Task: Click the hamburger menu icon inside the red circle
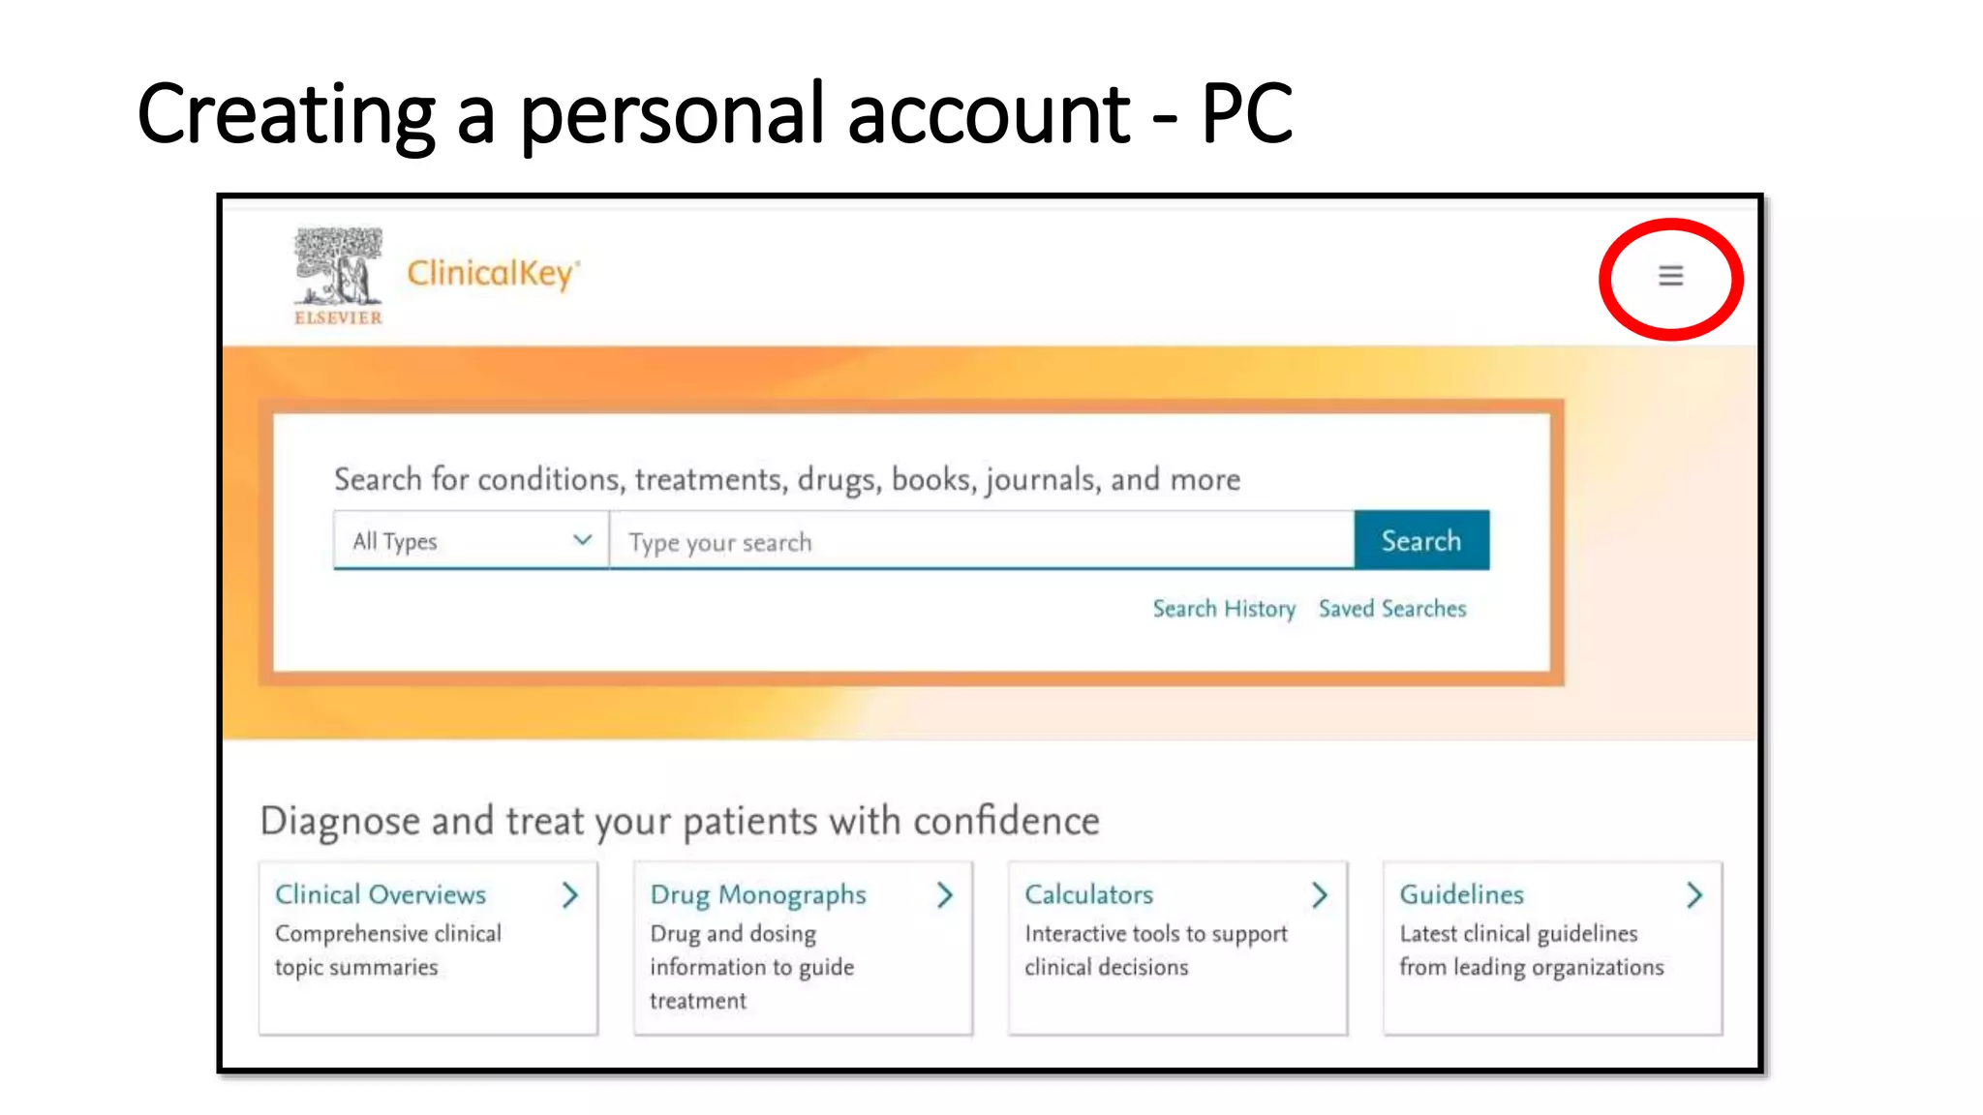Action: [x=1670, y=277]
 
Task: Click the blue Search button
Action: [x=1420, y=540]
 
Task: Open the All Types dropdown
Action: [x=471, y=541]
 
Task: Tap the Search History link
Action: [x=1223, y=609]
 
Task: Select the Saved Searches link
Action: [x=1391, y=609]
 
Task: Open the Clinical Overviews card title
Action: [x=381, y=894]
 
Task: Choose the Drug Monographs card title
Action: [x=757, y=895]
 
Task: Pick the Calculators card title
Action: [x=1088, y=894]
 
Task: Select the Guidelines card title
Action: [x=1461, y=894]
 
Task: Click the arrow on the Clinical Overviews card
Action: [x=570, y=895]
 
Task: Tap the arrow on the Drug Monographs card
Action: [x=945, y=895]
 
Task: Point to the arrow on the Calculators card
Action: [x=1319, y=895]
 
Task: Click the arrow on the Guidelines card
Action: [x=1693, y=895]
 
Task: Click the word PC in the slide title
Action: [x=1246, y=114]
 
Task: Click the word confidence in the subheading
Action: [x=1006, y=822]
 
